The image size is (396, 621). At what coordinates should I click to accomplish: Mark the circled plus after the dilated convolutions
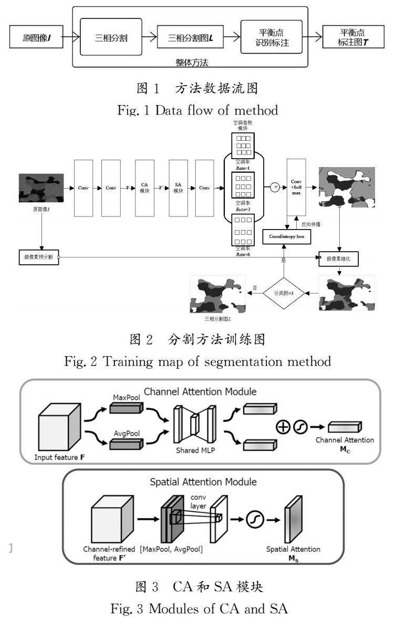[x=274, y=186]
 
